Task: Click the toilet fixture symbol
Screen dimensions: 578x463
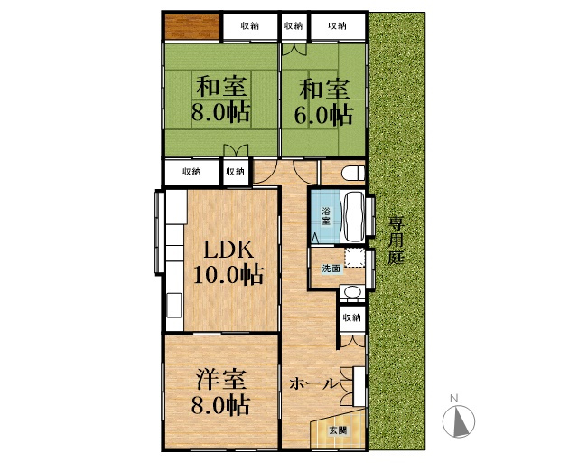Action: coord(353,173)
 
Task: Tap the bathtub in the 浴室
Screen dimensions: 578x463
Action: coord(354,217)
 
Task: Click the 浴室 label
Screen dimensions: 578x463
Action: coord(326,216)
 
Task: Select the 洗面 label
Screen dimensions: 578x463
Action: coord(331,269)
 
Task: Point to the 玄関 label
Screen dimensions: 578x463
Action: coord(338,430)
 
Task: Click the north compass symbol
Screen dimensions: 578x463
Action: coord(459,421)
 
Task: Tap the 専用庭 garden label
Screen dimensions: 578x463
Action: coord(396,240)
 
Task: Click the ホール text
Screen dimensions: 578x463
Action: coord(313,384)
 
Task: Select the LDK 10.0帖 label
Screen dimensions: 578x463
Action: coord(228,262)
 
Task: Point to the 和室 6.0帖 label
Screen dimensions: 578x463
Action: coord(323,102)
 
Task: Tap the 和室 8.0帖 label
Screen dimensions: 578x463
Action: coord(220,99)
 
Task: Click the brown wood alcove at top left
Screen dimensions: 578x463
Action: coord(192,26)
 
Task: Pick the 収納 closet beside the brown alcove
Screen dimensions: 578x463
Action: coord(250,26)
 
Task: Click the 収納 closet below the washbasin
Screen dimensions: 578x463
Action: coord(351,317)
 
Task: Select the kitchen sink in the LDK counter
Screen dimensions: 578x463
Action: coord(174,305)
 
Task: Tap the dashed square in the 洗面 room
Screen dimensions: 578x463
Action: coord(355,258)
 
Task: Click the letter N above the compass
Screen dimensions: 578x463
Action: coord(454,398)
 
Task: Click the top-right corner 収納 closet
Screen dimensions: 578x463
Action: coord(338,26)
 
